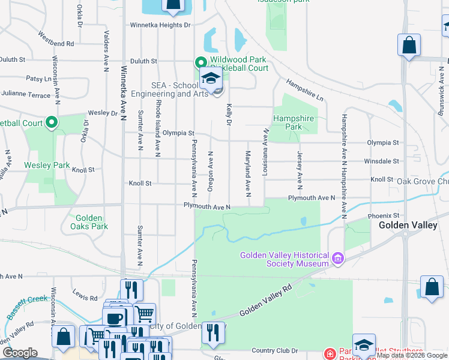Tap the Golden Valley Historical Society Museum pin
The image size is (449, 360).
point(338,259)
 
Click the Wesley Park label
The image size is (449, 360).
point(47,165)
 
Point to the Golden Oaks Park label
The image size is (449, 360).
point(88,222)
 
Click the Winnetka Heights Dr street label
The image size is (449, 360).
point(160,25)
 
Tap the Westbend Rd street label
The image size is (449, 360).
point(55,39)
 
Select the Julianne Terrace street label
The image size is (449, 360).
point(25,95)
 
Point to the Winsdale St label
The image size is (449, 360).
point(385,161)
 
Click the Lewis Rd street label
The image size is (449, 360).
point(85,296)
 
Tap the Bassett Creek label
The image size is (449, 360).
point(27,307)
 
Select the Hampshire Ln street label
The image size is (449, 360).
point(305,89)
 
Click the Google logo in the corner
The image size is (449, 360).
point(20,353)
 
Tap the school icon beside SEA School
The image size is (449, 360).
point(211,78)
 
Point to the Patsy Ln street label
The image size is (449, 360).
point(38,79)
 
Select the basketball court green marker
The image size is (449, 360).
point(52,124)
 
